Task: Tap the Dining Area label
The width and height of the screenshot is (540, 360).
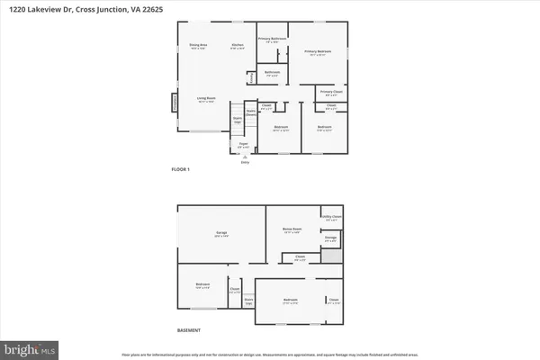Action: [x=198, y=45]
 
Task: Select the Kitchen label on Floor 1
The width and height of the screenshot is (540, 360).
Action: [x=238, y=45]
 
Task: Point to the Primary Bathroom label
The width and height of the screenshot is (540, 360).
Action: [x=273, y=39]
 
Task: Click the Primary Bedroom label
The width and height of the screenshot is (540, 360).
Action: [x=317, y=51]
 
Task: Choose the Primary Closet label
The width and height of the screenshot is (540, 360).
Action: [x=331, y=92]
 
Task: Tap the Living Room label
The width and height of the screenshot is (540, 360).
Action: [x=206, y=98]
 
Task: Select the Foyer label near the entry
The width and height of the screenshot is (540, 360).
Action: [x=243, y=143]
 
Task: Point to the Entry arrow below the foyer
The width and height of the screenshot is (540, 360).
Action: [x=244, y=161]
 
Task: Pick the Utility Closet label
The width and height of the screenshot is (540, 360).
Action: [x=331, y=217]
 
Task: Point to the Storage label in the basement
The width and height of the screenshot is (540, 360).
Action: [x=330, y=238]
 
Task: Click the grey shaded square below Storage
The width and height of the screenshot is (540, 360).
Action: [x=332, y=256]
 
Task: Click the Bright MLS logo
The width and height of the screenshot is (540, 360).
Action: [x=31, y=346]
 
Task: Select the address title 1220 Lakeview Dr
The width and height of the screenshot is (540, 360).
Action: [x=53, y=7]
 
